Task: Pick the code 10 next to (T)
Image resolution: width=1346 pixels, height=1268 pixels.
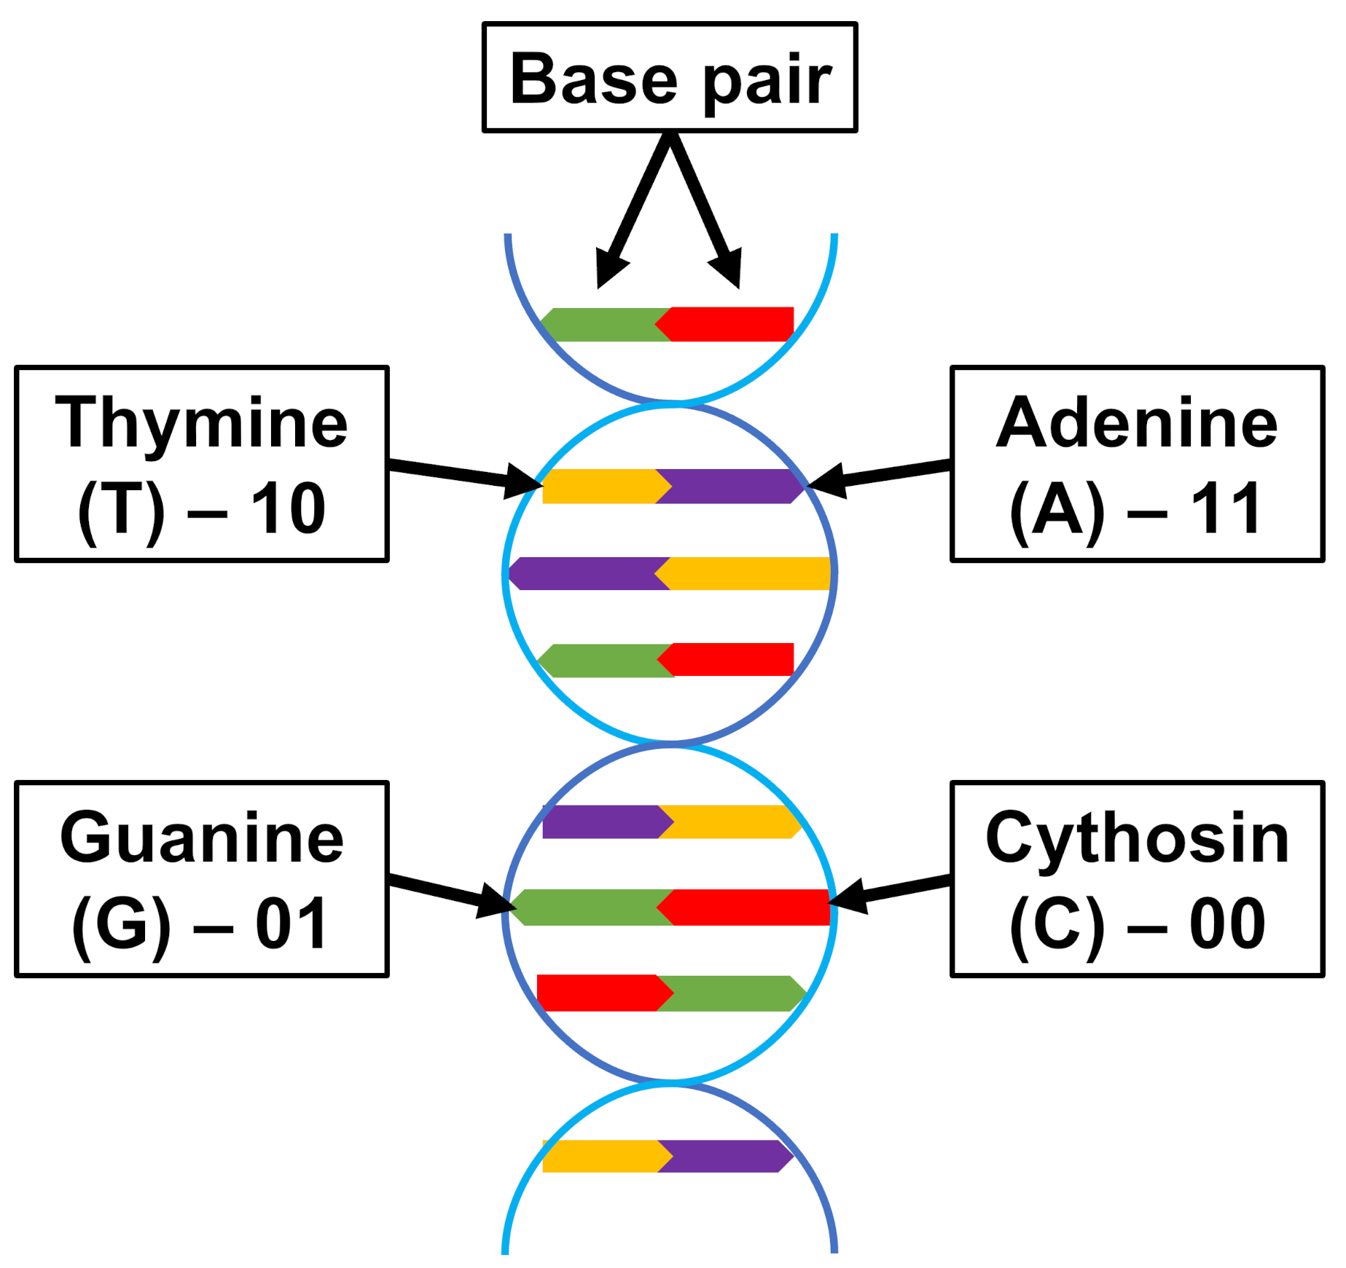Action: pos(288,508)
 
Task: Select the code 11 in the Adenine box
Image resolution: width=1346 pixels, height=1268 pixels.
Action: pos(1226,508)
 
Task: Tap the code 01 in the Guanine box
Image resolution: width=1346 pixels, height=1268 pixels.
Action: pos(291,924)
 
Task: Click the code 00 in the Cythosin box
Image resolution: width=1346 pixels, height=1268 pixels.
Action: pos(1227,924)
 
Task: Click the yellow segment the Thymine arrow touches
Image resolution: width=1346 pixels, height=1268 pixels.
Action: pos(601,486)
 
